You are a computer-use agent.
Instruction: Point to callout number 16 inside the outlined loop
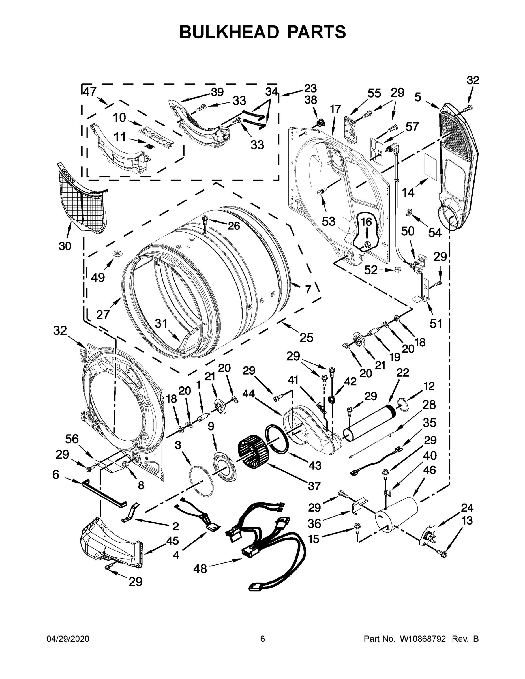point(367,222)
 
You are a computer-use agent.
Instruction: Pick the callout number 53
point(328,221)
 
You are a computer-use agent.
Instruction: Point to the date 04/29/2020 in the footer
point(68,639)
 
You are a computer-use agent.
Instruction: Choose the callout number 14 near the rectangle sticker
point(408,192)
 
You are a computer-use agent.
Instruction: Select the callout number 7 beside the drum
point(308,289)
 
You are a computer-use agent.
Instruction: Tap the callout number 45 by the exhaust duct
point(172,541)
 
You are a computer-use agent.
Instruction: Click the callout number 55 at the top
point(374,93)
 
